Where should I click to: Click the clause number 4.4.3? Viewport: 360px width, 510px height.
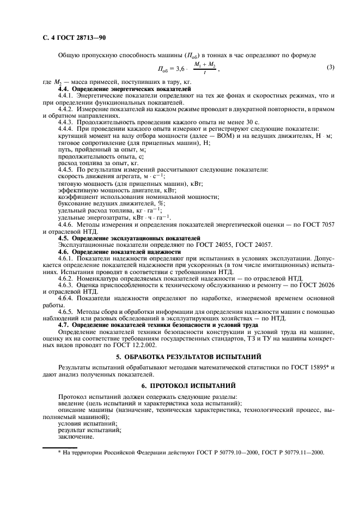[x=68, y=122]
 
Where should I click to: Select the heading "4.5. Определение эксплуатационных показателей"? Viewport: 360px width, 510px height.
[x=129, y=238]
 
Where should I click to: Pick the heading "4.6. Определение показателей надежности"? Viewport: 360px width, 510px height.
[x=119, y=252]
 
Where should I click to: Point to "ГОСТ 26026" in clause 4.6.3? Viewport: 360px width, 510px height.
[x=327, y=286]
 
